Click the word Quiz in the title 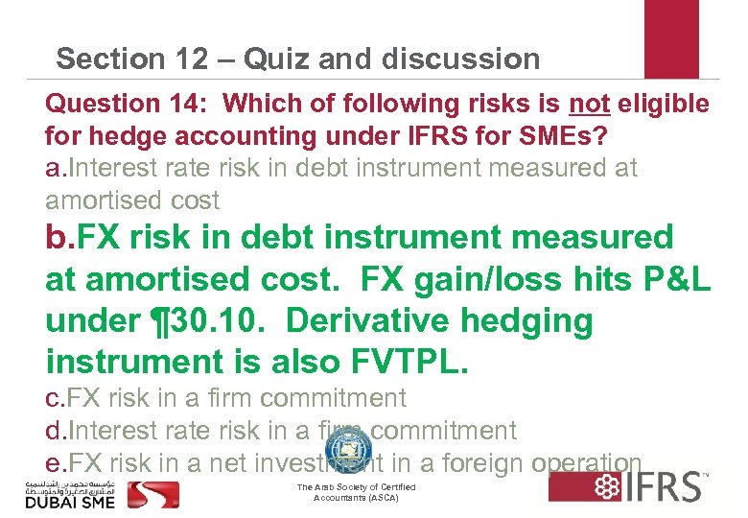[x=278, y=59]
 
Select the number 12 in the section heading [x=185, y=59]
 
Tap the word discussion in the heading [x=460, y=59]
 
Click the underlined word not [x=589, y=104]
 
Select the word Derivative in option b [x=377, y=320]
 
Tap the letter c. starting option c [x=54, y=398]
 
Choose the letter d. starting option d [x=55, y=431]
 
